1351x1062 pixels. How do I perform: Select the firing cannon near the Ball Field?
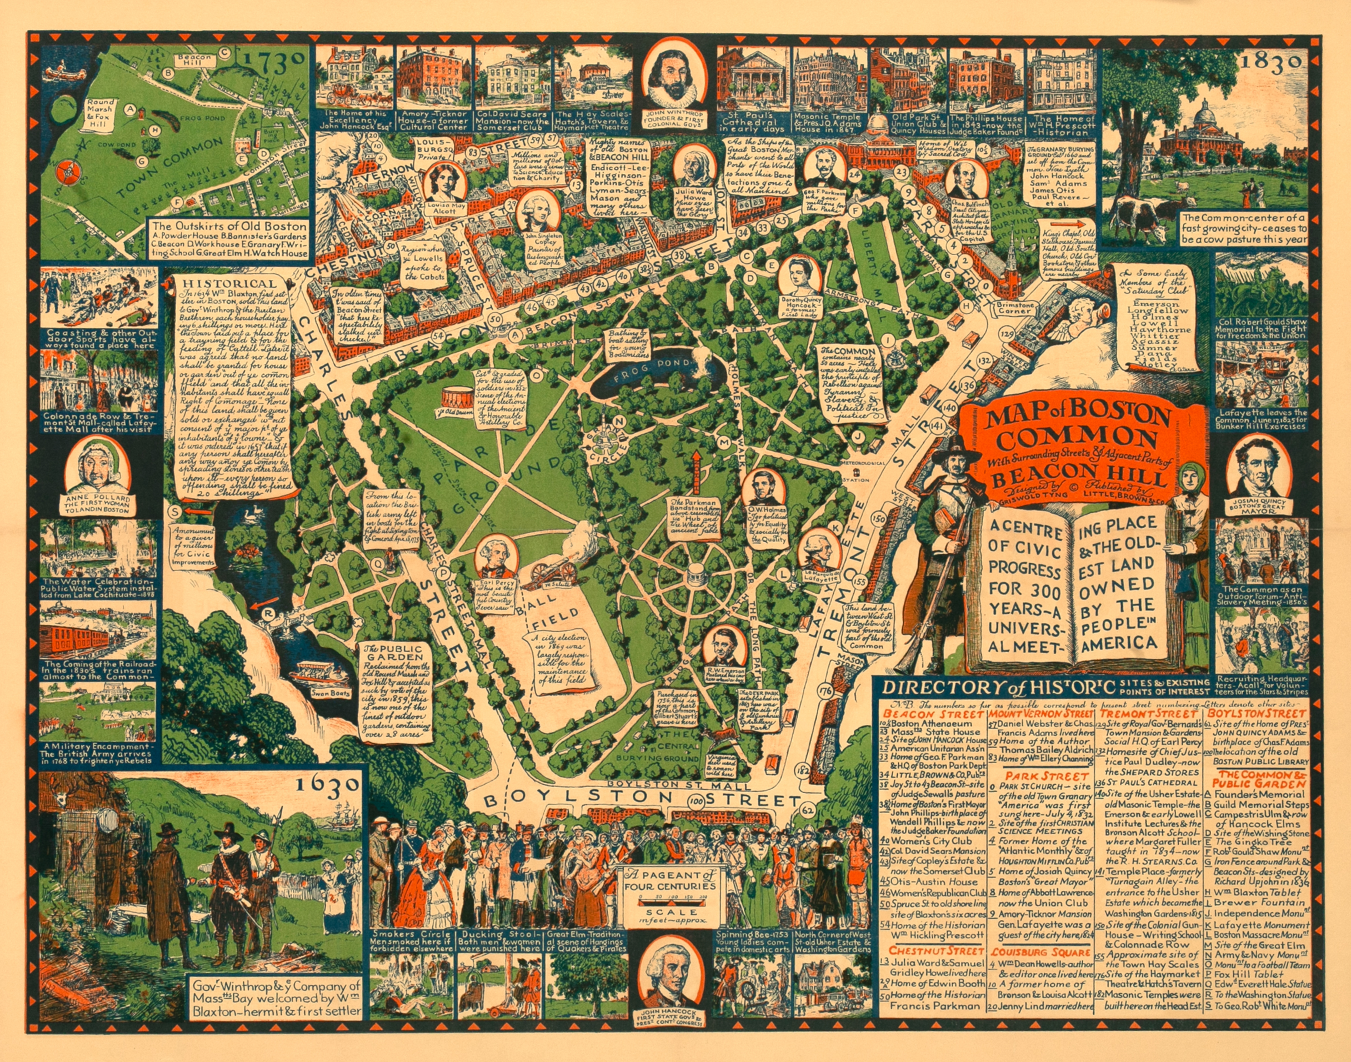[553, 566]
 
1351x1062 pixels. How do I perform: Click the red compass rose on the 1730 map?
[67, 172]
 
